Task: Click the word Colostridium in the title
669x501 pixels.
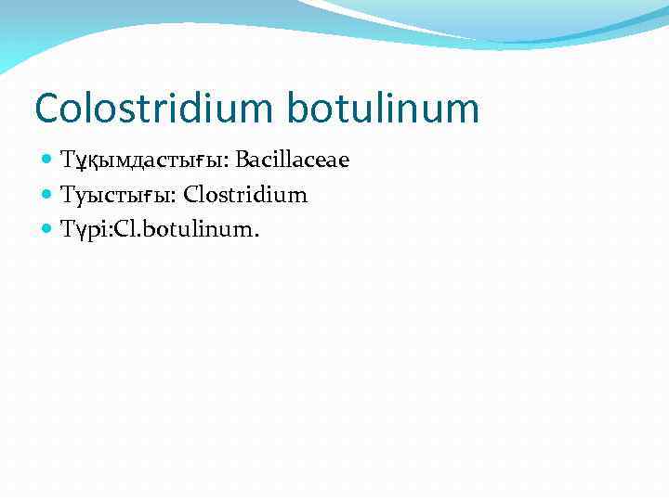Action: (153, 108)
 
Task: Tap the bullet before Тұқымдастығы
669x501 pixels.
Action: (48, 161)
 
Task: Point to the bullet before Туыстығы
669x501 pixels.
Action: (48, 195)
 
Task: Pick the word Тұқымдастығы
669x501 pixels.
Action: (143, 161)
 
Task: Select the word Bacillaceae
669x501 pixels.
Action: (292, 161)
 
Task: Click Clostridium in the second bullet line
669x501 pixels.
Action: (245, 195)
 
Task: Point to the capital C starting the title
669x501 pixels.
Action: (46, 108)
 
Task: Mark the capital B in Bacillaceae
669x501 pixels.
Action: (242, 161)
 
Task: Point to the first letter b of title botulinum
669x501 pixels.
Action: (298, 108)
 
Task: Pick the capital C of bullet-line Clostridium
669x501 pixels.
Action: (190, 195)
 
